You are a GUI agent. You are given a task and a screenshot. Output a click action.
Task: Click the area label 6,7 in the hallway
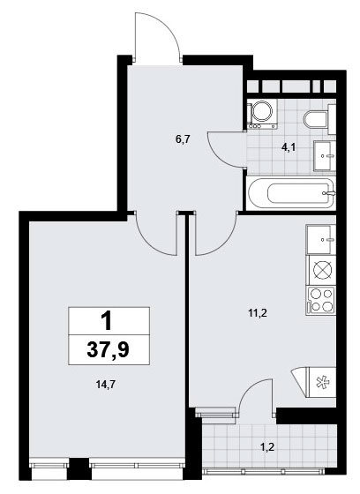coord(183,139)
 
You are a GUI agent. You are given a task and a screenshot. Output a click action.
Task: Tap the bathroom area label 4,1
coord(289,146)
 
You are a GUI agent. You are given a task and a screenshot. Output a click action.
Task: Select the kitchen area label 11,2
coord(258,313)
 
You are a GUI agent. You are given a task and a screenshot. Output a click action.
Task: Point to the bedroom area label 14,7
coord(105,385)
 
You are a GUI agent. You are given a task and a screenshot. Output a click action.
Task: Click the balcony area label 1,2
coord(267,446)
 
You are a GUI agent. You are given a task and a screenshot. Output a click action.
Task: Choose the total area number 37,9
coord(109,350)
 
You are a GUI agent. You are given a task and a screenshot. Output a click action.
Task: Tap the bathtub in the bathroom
coord(292,193)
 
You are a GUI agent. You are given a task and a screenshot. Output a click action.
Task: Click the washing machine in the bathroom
coord(262,114)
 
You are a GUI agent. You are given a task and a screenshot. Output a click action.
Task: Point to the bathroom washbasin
coord(325,156)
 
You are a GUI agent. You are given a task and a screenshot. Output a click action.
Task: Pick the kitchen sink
coord(320,239)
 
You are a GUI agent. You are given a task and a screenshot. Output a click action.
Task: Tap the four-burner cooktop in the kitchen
coord(321,301)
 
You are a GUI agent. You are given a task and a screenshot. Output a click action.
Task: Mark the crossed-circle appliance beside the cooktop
coord(322,271)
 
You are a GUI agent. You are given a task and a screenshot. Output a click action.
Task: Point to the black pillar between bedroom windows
coord(79,469)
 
